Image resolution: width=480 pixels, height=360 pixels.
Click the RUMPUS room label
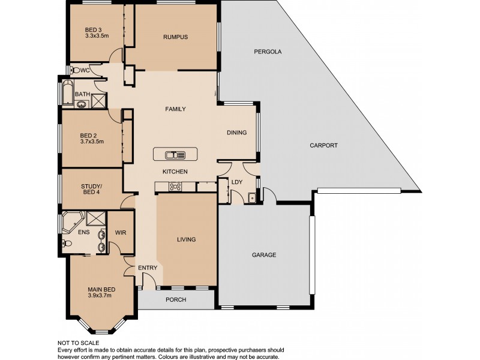coord(176,37)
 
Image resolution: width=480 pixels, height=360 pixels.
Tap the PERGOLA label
coord(268,52)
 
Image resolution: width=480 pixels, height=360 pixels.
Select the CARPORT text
coord(324,146)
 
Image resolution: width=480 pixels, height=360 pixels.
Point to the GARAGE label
coord(264,255)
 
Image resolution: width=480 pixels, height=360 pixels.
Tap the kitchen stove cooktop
coord(176,187)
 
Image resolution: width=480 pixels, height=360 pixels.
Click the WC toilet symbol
coord(75,70)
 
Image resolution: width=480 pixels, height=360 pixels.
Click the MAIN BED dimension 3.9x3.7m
coord(101,295)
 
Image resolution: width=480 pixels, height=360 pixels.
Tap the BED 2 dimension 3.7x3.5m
coord(92,142)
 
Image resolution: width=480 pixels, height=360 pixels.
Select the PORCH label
coord(176,300)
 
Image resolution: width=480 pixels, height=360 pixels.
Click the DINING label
coord(236,133)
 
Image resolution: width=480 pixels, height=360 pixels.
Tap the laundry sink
coord(253,196)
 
